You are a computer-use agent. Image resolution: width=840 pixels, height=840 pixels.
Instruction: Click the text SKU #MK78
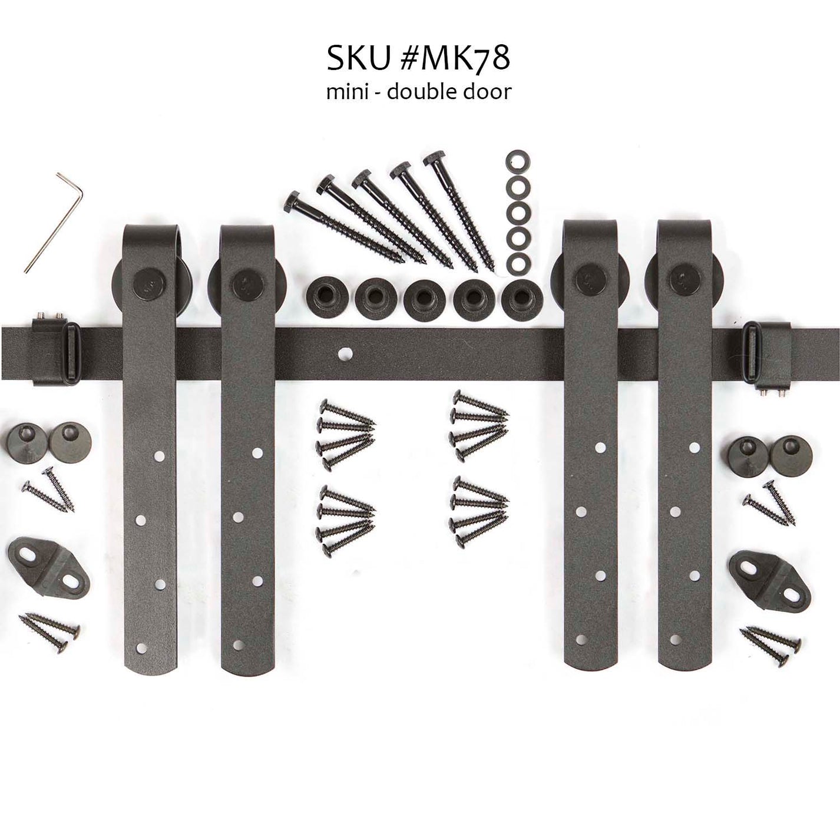[x=419, y=59]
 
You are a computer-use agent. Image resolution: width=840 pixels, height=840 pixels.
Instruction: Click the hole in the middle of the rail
[x=342, y=355]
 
